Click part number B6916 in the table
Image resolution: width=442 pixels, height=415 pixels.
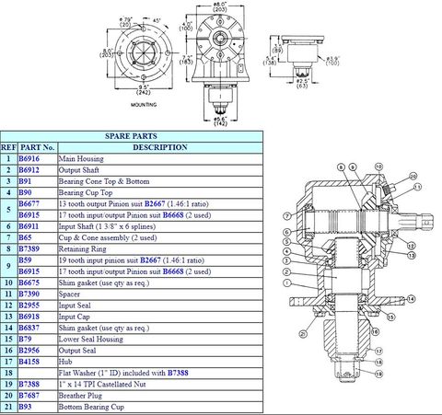click(29, 159)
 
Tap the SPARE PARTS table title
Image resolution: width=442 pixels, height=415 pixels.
click(131, 134)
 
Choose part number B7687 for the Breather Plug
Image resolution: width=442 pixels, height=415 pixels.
click(29, 394)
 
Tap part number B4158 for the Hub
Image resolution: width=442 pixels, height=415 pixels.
click(29, 361)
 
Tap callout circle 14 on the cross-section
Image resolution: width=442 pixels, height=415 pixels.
click(410, 300)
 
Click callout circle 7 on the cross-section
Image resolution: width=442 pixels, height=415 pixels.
click(287, 217)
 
